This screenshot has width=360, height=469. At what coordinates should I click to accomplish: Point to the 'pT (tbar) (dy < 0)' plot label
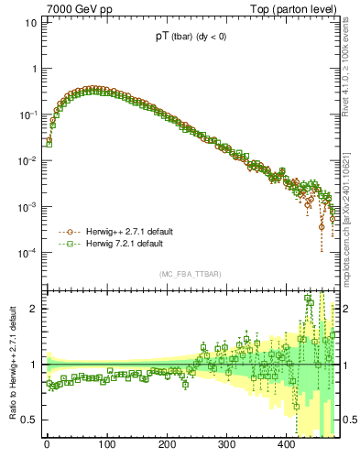click(193, 38)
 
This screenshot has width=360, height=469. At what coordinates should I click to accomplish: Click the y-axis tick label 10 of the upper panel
click(29, 22)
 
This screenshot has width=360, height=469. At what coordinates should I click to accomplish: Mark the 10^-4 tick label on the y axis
click(27, 253)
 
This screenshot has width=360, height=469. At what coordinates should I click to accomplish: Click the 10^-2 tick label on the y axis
click(27, 160)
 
